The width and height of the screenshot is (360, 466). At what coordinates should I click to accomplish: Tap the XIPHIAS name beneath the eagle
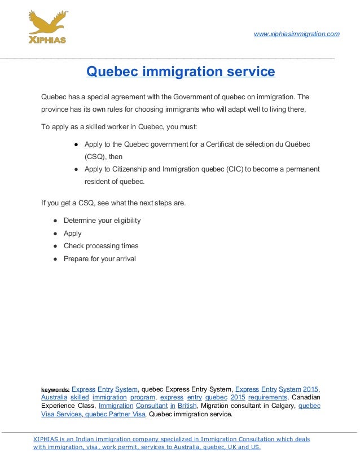(47, 40)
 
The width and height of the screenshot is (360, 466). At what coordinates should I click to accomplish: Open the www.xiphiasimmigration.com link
(297, 34)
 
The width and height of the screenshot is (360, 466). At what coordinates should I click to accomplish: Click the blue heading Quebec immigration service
(180, 72)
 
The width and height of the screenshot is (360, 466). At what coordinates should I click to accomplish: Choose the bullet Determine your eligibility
(102, 221)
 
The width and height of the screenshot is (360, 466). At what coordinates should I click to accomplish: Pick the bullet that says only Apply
(72, 234)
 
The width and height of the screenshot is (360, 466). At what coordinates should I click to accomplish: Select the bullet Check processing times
(101, 246)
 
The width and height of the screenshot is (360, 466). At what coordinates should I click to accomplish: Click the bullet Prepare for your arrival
(100, 259)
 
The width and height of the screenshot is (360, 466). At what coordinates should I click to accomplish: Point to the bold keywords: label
(55, 389)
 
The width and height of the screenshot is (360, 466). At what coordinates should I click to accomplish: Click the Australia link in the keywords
(54, 397)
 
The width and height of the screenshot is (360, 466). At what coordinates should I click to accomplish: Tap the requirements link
(267, 397)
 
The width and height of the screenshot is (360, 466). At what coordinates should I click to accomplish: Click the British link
(187, 406)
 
